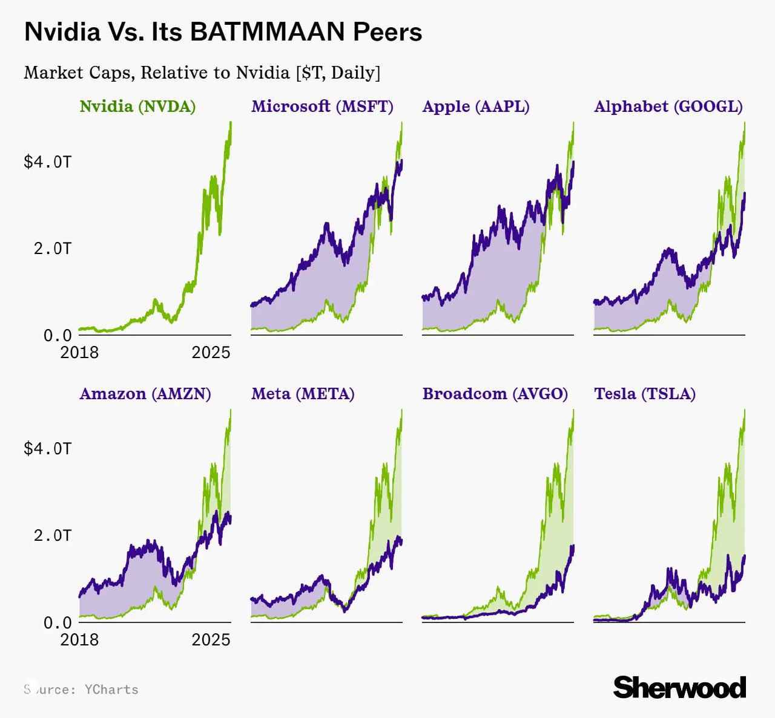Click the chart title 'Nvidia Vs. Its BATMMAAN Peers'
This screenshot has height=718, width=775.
coord(223,32)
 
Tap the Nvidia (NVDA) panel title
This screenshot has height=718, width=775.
coord(137,106)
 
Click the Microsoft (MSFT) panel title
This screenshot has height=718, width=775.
coord(322,106)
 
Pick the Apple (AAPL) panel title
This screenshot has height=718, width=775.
coord(475,106)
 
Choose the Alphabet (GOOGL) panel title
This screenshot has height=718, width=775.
coord(668,106)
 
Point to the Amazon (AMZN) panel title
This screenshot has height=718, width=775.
coord(145,394)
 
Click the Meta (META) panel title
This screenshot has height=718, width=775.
coord(303,394)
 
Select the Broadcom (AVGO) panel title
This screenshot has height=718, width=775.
coord(495,394)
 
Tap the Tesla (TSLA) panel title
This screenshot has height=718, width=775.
coord(644,394)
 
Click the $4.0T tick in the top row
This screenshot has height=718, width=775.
coord(47,162)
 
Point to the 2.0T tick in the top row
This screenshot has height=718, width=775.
coord(52,249)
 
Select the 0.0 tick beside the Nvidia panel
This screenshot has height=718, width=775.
coord(58,335)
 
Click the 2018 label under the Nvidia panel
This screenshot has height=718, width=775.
coord(79,353)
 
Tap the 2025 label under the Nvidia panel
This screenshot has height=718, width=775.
coord(211,353)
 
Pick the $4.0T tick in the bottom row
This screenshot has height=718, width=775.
coord(47,448)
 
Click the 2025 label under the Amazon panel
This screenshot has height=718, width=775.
coord(211,640)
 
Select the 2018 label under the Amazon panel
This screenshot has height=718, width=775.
coord(79,640)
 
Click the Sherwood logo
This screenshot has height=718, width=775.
coord(679,688)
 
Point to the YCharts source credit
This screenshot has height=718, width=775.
coord(81,690)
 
